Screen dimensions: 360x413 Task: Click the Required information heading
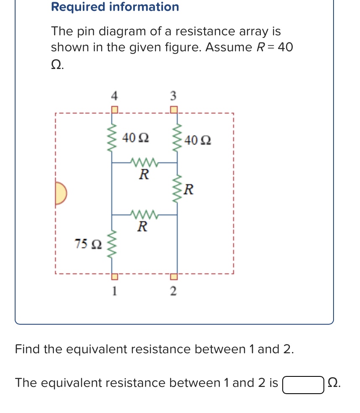115,7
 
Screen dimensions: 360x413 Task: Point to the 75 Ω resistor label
88,244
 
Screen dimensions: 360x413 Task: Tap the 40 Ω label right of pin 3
197,140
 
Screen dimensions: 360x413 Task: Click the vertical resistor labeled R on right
177,189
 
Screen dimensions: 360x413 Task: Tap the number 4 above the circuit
113,96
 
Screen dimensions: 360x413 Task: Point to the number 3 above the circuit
173,96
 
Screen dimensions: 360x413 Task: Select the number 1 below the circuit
113,290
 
